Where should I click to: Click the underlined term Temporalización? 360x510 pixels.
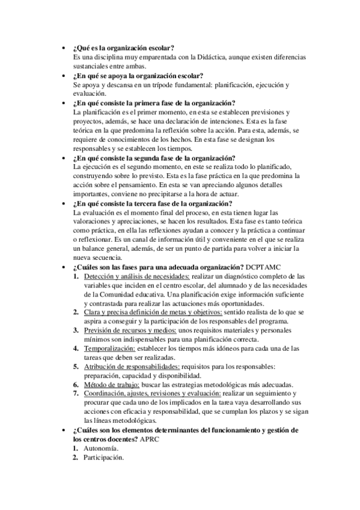tap(109, 348)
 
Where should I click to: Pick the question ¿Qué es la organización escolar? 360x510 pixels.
tap(123, 48)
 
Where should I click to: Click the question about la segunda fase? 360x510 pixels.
tap(154, 158)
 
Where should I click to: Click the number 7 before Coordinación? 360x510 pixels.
tap(76, 394)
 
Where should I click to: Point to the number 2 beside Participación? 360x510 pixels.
tap(76, 458)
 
